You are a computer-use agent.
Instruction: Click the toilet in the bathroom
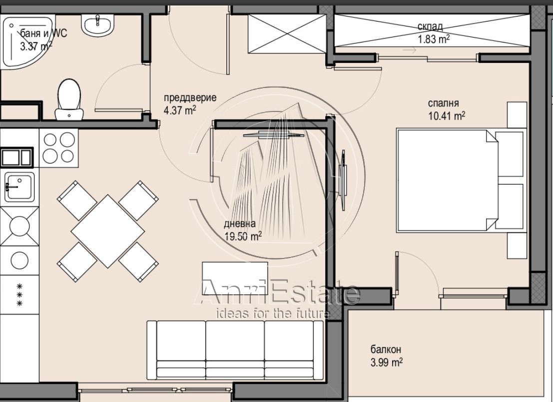click(69, 99)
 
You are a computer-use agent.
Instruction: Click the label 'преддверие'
click(190, 97)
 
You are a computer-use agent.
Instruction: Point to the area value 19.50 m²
click(243, 236)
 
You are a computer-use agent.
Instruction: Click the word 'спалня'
click(443, 103)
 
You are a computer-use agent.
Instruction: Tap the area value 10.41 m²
click(447, 115)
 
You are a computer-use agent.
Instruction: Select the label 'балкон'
click(386, 349)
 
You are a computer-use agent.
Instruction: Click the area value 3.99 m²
click(387, 362)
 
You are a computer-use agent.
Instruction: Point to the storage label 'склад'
click(430, 26)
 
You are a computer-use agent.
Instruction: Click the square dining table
click(107, 231)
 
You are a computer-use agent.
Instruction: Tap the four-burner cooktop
click(58, 148)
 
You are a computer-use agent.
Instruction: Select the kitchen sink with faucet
click(19, 186)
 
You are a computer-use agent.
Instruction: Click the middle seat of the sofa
click(235, 349)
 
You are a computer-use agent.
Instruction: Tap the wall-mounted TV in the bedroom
click(343, 180)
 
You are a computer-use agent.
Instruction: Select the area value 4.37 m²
click(180, 110)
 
